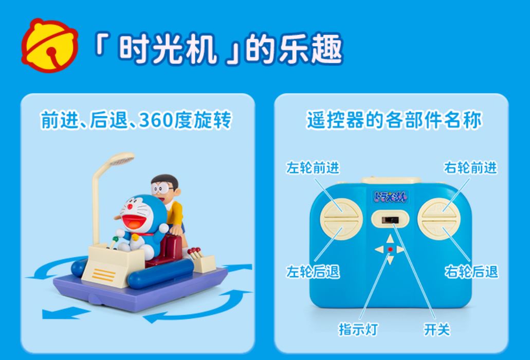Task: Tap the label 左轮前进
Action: (x=312, y=168)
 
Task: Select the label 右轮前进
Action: (x=470, y=168)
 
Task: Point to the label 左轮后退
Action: (x=312, y=272)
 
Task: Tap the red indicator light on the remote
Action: (x=390, y=249)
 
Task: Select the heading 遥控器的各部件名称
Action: (x=394, y=120)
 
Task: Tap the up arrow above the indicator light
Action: (x=390, y=239)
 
